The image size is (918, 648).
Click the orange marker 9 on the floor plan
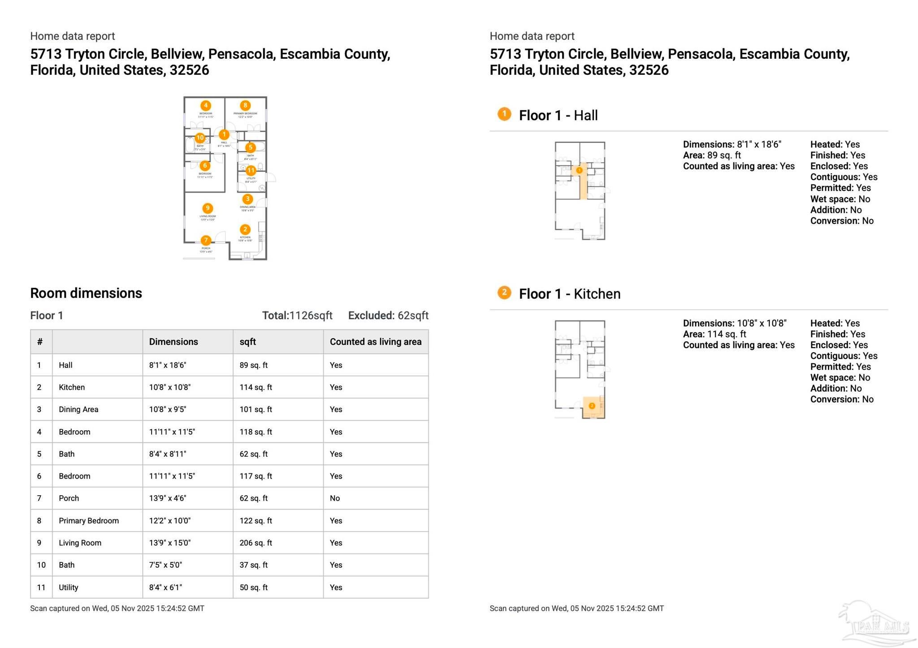[x=207, y=208]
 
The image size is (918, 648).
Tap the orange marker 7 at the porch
[x=206, y=240]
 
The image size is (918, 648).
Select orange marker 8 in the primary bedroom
[x=245, y=105]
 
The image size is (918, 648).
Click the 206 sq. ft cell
[x=255, y=543]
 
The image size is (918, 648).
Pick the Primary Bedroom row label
[x=89, y=521]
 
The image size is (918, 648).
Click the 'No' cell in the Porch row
[x=335, y=498]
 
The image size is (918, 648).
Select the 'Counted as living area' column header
[x=376, y=342]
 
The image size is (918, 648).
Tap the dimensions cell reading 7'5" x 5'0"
[x=165, y=565]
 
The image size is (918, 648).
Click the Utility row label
[x=69, y=588]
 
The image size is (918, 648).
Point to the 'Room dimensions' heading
[x=86, y=293]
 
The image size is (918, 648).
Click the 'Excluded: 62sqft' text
[x=388, y=315]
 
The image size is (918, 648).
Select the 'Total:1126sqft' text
[x=297, y=315]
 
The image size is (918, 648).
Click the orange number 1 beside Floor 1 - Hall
[x=504, y=114]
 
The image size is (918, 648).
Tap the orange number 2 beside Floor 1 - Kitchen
[x=504, y=293]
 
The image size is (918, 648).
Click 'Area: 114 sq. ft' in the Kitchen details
[x=714, y=334]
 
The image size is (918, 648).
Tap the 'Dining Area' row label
[x=78, y=410]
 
